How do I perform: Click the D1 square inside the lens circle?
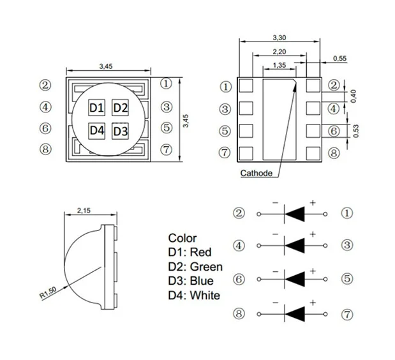(96, 108)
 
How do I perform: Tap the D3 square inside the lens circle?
(121, 131)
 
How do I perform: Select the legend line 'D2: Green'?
(195, 267)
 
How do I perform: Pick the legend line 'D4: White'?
(194, 295)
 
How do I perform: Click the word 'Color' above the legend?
(183, 238)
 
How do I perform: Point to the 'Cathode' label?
(257, 173)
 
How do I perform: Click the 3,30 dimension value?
(278, 38)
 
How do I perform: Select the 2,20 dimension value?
(278, 52)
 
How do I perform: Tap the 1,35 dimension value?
(279, 65)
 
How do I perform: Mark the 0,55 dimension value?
(339, 59)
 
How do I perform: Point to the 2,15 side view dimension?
(84, 210)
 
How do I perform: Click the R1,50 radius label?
(49, 292)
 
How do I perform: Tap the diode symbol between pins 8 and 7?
(292, 313)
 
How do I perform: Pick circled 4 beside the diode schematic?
(239, 246)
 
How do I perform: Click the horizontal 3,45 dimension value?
(107, 66)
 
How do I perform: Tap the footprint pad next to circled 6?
(313, 131)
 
